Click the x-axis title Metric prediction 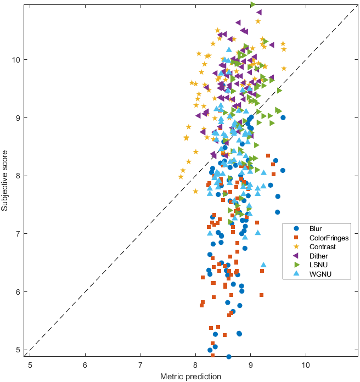point(190,377)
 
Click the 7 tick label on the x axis point(140,364)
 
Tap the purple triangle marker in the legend point(296,256)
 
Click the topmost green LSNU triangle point point(253,4)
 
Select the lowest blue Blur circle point point(229,357)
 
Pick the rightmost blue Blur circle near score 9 point(283,117)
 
